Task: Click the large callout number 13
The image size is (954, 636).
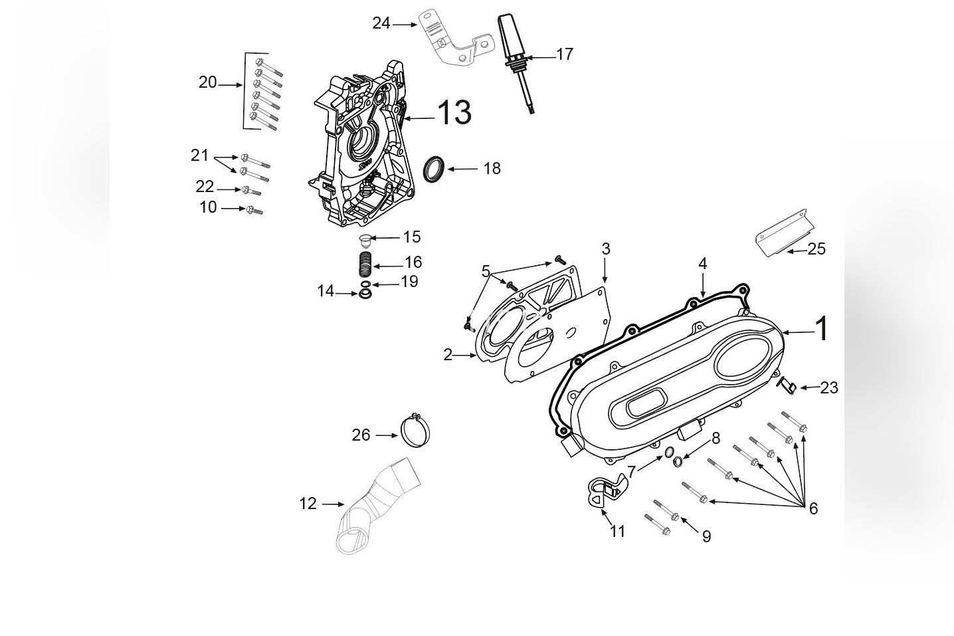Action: point(454,112)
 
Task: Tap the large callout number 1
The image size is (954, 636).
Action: point(822,329)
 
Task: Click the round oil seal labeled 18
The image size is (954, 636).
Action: point(436,169)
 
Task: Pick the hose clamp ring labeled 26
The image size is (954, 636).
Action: point(416,430)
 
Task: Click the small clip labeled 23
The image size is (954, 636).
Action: point(787,385)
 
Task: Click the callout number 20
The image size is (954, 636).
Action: point(207,82)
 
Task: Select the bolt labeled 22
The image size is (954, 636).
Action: point(251,191)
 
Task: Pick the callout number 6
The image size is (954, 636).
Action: point(812,508)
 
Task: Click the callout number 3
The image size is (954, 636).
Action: point(605,249)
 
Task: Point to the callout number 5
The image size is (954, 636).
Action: point(486,271)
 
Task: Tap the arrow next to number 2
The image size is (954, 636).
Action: point(464,356)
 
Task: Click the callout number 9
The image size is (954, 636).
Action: point(706,536)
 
